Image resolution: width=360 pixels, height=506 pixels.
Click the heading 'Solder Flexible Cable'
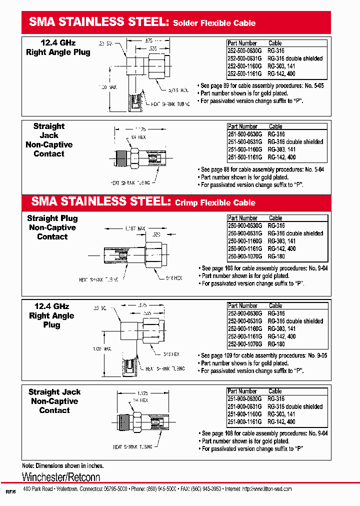click(x=214, y=23)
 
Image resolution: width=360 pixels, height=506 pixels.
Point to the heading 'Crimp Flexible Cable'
click(x=215, y=202)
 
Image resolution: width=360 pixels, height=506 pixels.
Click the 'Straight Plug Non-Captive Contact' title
click(x=52, y=227)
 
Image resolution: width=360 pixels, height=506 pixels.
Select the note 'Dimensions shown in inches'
click(x=62, y=465)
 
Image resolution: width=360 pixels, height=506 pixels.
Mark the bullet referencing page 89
click(x=261, y=86)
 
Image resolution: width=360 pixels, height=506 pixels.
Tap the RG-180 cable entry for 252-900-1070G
click(x=276, y=344)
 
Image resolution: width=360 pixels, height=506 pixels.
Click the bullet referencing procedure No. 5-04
click(x=261, y=169)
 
